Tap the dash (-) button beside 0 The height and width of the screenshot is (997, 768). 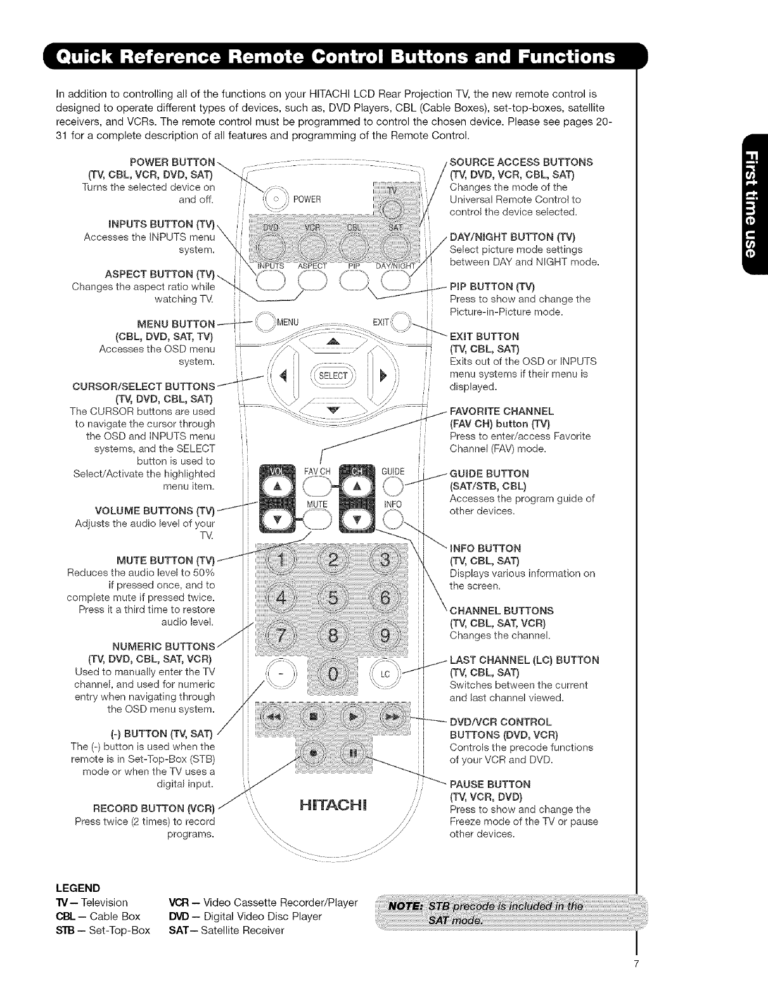tap(279, 675)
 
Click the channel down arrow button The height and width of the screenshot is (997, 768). tap(357, 519)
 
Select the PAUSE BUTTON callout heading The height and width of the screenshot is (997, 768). tap(490, 784)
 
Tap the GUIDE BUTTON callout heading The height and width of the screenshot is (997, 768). tap(489, 474)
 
